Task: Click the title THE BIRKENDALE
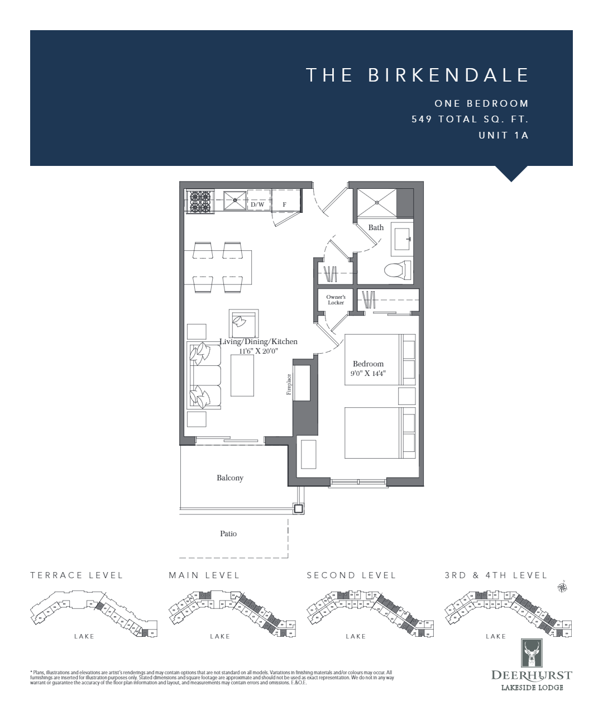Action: [x=417, y=75]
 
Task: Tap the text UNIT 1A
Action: [x=503, y=135]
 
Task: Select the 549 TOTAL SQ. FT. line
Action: [x=470, y=119]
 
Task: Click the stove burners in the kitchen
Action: [x=201, y=202]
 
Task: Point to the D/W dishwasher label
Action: [x=257, y=205]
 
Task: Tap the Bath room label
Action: [x=376, y=227]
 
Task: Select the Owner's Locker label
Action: [x=336, y=300]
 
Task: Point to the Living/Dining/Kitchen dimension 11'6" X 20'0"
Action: [x=259, y=351]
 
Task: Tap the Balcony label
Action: [x=230, y=478]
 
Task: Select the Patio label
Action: [x=228, y=534]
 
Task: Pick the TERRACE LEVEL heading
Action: [x=76, y=575]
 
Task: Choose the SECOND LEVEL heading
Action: [x=351, y=575]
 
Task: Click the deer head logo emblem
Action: [x=532, y=652]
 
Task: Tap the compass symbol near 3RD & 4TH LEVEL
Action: [x=563, y=587]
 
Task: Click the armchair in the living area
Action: [x=243, y=322]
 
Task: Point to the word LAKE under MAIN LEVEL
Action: [x=221, y=636]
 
